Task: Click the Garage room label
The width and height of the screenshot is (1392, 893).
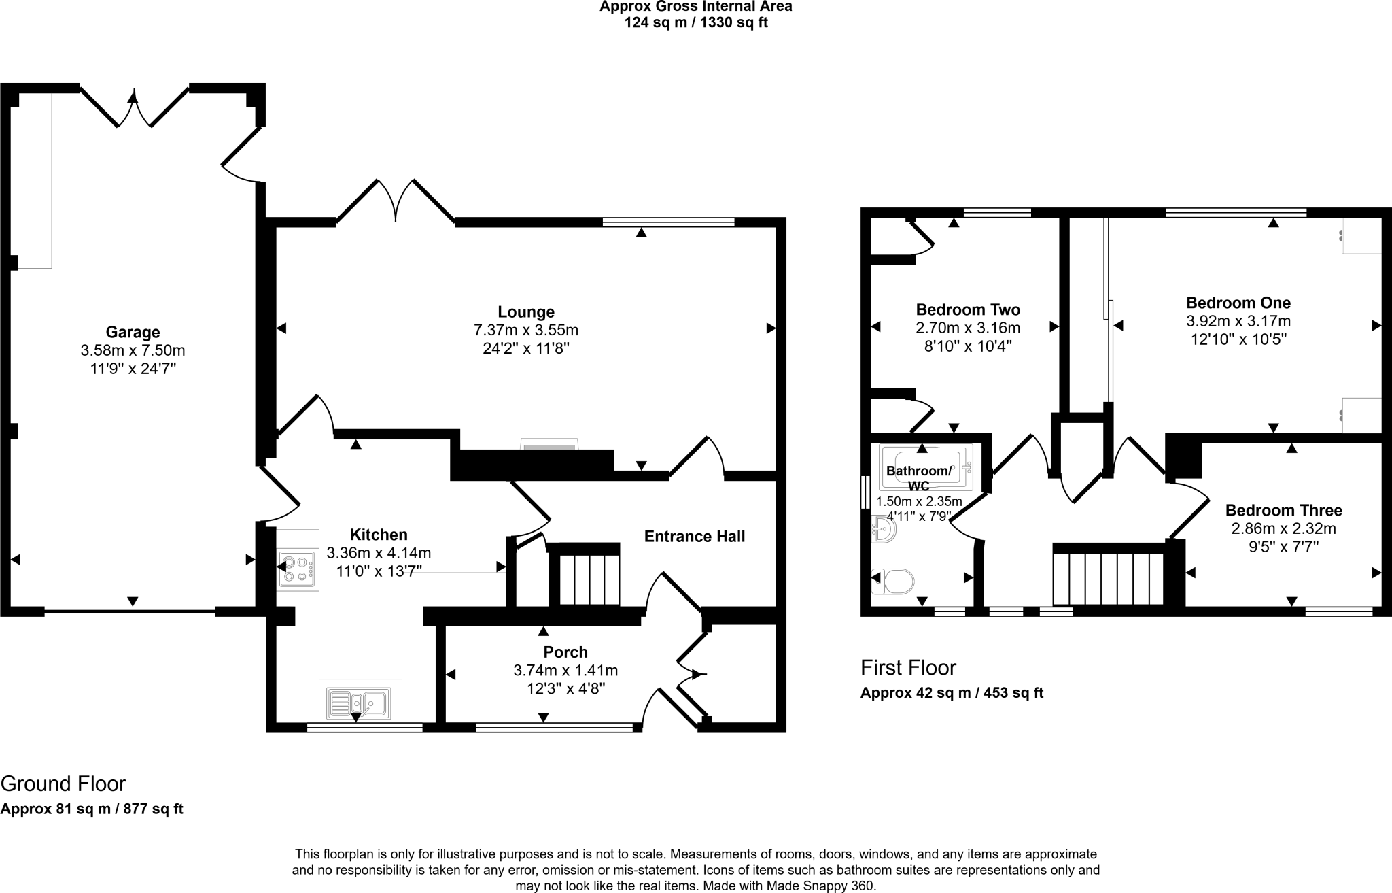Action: [x=133, y=333]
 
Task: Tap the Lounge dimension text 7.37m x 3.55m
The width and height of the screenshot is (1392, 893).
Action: [x=525, y=331]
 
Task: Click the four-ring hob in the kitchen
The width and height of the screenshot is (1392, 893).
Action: [x=296, y=569]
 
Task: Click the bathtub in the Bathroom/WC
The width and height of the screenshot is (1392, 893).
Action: [x=926, y=467]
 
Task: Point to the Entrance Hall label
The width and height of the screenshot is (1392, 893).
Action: [x=694, y=537]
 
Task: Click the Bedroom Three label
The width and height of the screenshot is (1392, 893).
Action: [x=1283, y=510]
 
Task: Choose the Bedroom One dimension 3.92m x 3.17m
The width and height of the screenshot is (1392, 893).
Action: [x=1238, y=321]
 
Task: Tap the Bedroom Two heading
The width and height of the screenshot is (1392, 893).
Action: [x=968, y=310]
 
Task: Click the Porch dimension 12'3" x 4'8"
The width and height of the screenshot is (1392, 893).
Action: [x=565, y=688]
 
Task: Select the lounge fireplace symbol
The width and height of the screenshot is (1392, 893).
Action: [x=549, y=445]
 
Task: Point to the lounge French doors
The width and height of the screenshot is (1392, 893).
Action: [x=396, y=201]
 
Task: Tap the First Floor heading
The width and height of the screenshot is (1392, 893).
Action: [x=908, y=668]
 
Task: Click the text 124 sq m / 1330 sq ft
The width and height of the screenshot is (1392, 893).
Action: [x=695, y=23]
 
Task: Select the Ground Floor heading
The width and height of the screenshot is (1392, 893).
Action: [x=63, y=784]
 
